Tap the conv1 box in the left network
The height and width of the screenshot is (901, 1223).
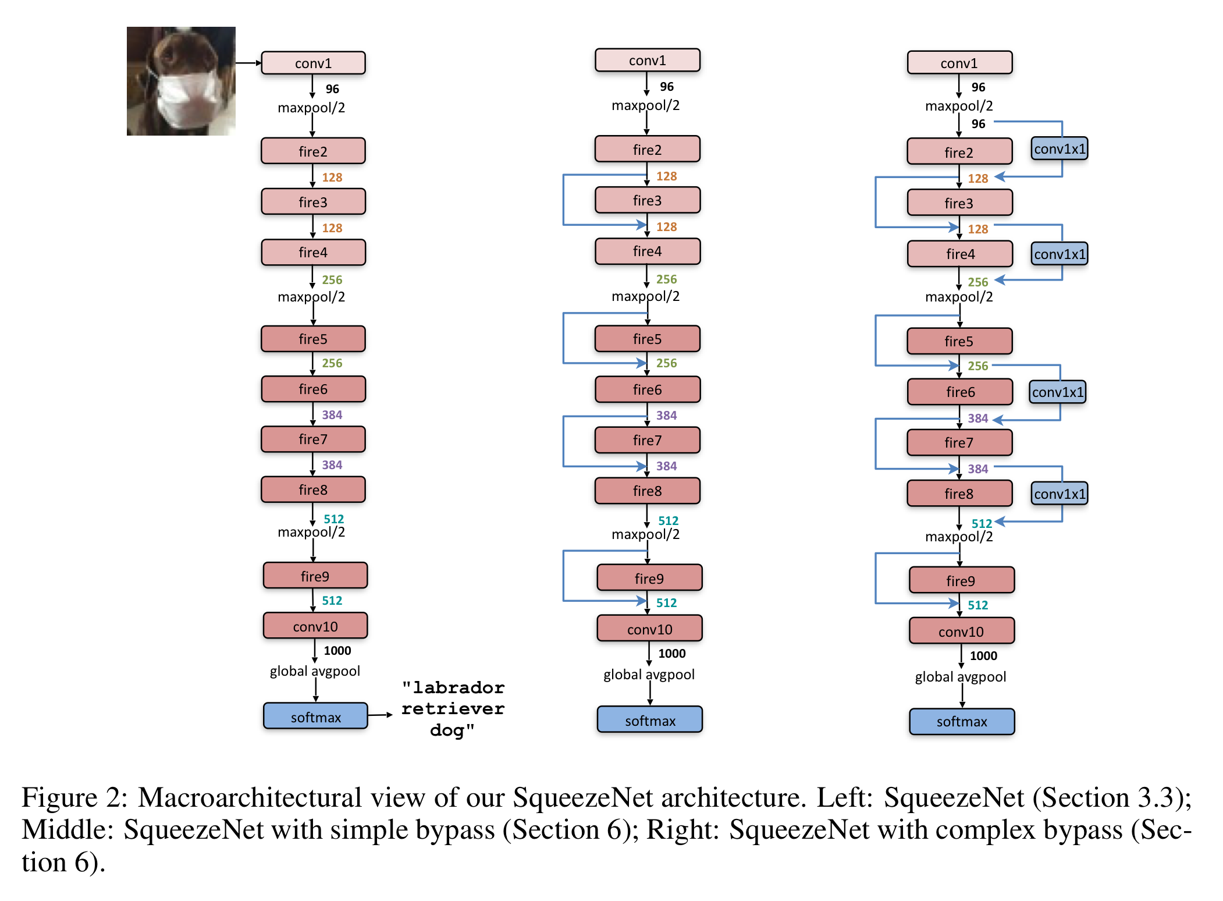pyautogui.click(x=313, y=63)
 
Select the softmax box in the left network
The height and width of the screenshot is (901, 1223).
pyautogui.click(x=315, y=716)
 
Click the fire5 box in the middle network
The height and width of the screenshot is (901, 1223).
pyautogui.click(x=647, y=339)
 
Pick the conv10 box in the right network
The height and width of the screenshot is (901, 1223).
pyautogui.click(x=961, y=632)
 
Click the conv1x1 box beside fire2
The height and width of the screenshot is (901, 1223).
pyautogui.click(x=1060, y=149)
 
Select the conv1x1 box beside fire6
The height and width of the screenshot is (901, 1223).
pyautogui.click(x=1058, y=392)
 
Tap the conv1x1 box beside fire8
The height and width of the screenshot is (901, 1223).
pyautogui.click(x=1060, y=494)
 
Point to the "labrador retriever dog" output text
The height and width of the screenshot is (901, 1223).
pyautogui.click(x=453, y=709)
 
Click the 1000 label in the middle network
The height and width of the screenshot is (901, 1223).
pyautogui.click(x=672, y=654)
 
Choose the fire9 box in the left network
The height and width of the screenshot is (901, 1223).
pyautogui.click(x=315, y=576)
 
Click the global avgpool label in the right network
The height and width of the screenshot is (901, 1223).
pyautogui.click(x=960, y=677)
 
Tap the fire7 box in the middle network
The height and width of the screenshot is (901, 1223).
pyautogui.click(x=647, y=441)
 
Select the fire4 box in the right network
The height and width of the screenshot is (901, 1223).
pyautogui.click(x=960, y=254)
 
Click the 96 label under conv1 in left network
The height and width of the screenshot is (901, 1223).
pyautogui.click(x=332, y=89)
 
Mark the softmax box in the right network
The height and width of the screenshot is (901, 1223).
pyautogui.click(x=962, y=722)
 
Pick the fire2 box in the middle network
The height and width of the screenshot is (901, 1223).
pyautogui.click(x=647, y=150)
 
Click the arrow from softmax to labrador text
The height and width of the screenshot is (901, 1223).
pyautogui.click(x=381, y=715)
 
